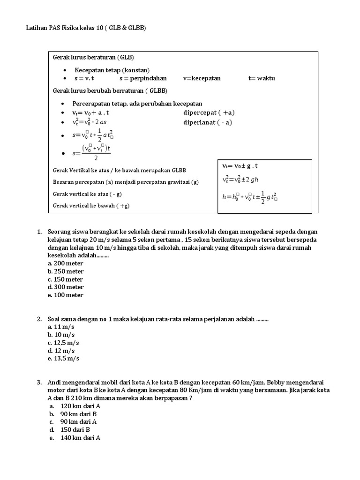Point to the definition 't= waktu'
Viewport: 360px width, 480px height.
point(262,78)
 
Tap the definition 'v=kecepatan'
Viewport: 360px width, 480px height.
point(202,78)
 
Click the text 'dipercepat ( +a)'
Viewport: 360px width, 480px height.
point(209,113)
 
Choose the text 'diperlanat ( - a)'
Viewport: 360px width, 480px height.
point(208,123)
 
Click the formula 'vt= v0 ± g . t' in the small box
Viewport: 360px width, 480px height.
point(240,166)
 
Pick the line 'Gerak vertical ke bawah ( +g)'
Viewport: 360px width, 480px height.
point(91,206)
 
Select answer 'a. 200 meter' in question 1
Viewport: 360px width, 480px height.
point(66,263)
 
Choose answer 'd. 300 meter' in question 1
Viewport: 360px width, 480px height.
point(66,287)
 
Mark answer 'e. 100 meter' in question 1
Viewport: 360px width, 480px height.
point(66,295)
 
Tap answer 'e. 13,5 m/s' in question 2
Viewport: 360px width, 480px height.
point(63,359)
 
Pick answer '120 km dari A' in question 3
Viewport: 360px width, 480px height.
point(80,406)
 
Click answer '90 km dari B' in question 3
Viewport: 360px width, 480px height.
point(78,414)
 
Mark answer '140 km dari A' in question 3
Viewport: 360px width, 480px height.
point(80,438)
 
